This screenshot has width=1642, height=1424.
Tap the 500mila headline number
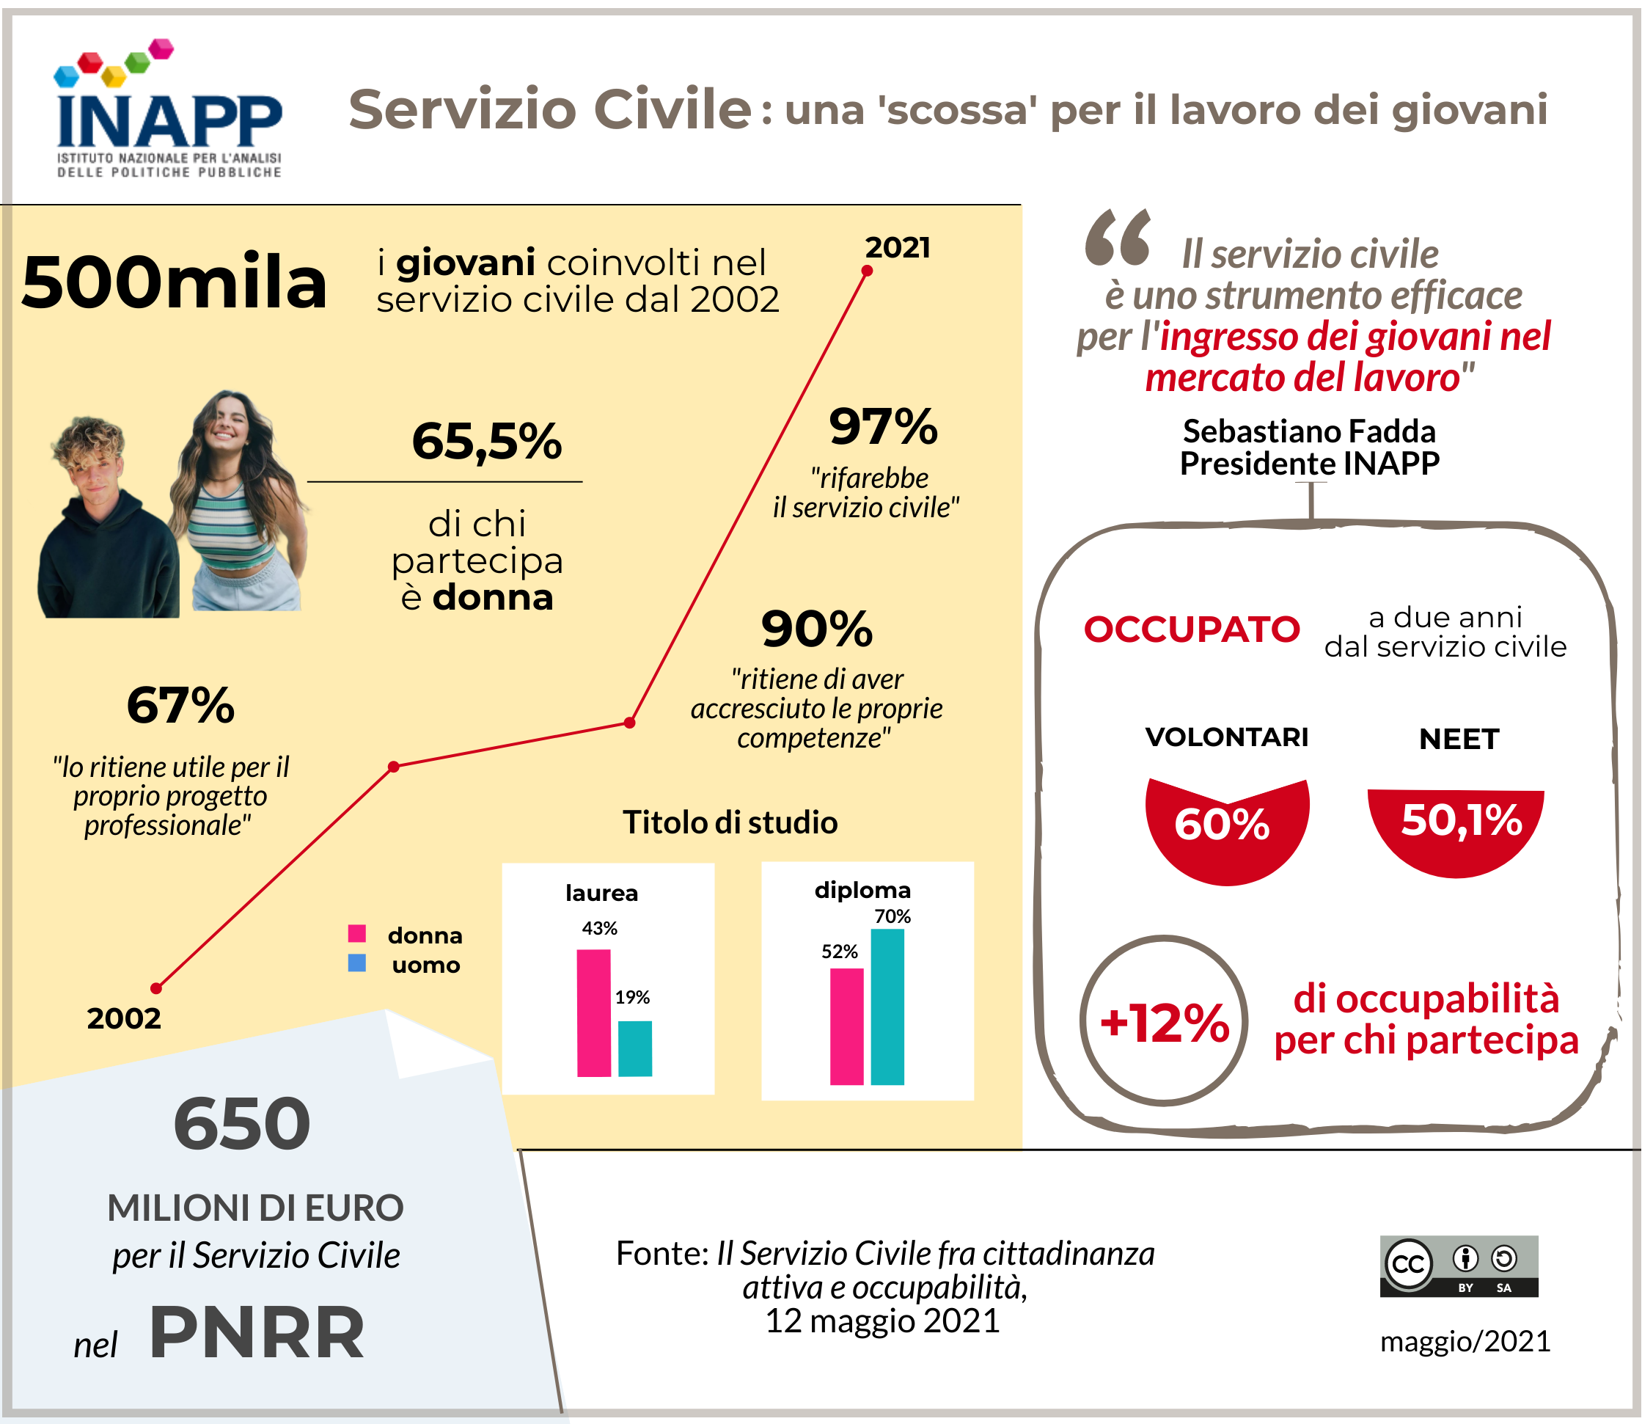coord(174,283)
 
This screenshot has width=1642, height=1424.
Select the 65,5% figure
coord(486,441)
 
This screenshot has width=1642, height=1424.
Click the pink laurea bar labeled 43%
coord(593,1013)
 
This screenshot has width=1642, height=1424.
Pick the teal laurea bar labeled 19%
coord(634,1049)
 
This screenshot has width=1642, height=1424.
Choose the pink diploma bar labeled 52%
coord(846,1026)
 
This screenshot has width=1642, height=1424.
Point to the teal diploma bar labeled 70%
coord(887,1007)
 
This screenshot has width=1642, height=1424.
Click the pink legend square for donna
coord(357,933)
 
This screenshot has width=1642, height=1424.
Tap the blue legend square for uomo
coord(357,963)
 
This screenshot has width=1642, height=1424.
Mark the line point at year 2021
coord(867,271)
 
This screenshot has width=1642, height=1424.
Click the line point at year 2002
coord(156,988)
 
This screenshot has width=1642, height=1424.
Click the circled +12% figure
coord(1164,1021)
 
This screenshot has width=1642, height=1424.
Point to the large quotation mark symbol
coord(1118,238)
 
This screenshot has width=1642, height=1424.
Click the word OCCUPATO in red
coord(1192,629)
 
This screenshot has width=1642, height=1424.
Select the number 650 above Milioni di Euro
coord(242,1124)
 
